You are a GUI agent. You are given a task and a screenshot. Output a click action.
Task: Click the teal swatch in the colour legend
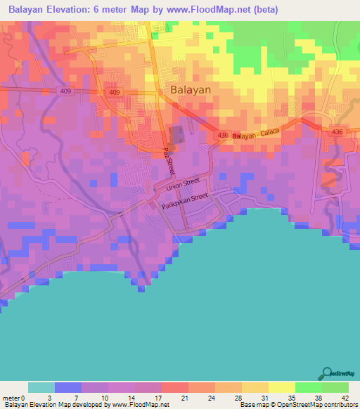tap(41, 387)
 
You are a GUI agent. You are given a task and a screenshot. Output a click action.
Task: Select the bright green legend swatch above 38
tap(309, 387)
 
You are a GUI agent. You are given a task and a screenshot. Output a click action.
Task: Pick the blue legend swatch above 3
tap(68, 387)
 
